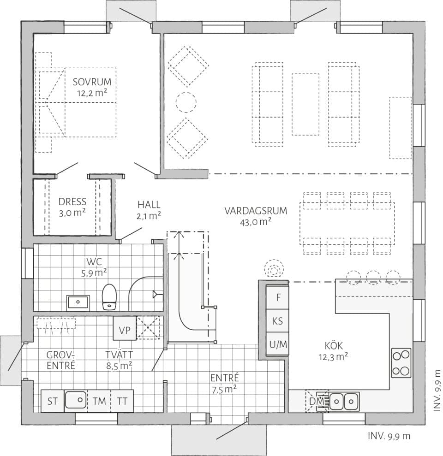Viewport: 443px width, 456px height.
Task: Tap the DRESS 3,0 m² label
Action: (x=72, y=207)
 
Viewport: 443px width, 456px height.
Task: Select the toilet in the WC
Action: (x=109, y=296)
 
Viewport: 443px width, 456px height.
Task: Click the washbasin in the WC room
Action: (x=78, y=302)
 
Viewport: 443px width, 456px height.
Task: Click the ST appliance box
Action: (x=53, y=401)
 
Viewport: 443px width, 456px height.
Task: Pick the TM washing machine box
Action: (x=99, y=401)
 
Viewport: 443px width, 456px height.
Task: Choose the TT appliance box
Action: (x=122, y=401)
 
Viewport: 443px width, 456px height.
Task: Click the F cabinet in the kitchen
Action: (x=278, y=297)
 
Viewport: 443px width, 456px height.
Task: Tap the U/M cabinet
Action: (x=278, y=344)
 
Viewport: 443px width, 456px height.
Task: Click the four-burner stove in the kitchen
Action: (x=401, y=362)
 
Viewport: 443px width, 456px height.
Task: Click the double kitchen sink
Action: (x=344, y=401)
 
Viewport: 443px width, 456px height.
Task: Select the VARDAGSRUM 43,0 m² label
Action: (x=256, y=216)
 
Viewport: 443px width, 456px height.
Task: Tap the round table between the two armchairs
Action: (x=186, y=102)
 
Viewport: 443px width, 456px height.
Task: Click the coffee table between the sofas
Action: (x=305, y=104)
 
